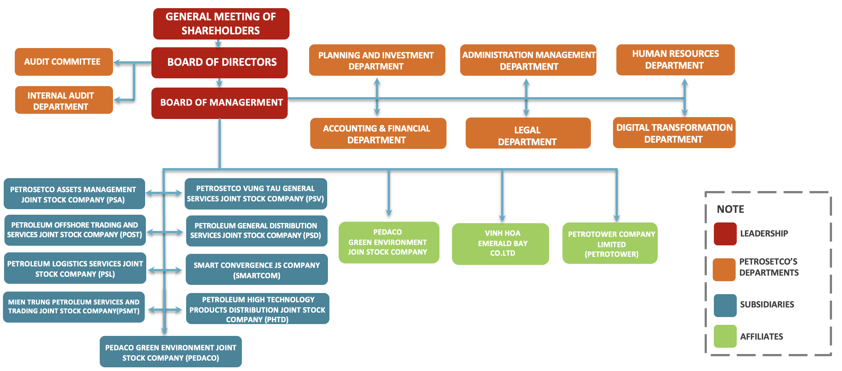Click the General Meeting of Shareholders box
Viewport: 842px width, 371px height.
221,24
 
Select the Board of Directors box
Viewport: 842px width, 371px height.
219,62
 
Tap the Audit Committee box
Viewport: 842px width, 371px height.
64,62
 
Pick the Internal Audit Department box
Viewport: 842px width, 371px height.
64,100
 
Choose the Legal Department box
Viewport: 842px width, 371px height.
528,133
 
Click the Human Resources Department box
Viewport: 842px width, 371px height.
675,60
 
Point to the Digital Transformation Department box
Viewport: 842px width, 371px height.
674,133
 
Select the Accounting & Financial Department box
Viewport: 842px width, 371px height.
378,133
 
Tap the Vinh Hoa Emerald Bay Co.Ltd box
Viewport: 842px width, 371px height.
500,244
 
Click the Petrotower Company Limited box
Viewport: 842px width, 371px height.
610,244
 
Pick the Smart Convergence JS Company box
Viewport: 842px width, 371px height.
257,269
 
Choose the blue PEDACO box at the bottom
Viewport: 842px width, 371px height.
171,352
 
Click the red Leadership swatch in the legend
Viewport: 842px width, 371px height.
725,234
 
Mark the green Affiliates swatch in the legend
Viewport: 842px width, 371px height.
725,336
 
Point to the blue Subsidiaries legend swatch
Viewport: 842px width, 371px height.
725,305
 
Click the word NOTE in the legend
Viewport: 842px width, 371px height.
730,209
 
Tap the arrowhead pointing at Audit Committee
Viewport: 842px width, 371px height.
117,62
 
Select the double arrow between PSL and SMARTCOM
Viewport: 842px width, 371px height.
165,270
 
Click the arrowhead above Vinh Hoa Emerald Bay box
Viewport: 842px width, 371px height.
502,218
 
